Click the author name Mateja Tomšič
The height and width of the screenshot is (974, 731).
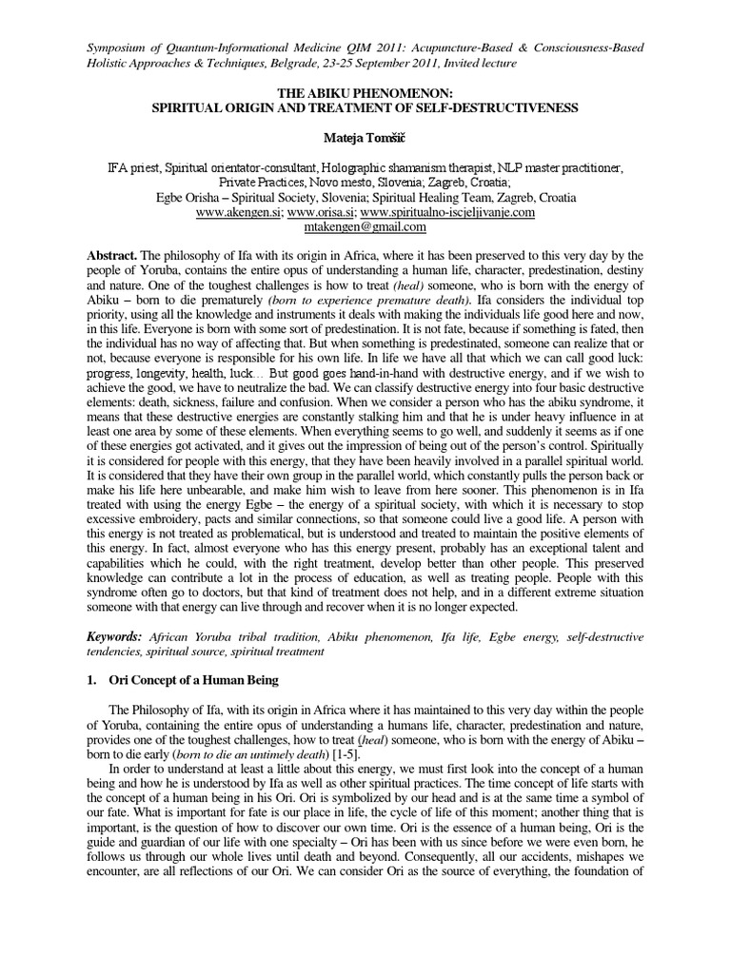pos(365,139)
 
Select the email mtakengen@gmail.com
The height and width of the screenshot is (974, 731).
pos(365,227)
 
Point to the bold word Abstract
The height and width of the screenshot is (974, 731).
pos(112,257)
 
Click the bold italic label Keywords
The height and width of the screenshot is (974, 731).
pos(116,634)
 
